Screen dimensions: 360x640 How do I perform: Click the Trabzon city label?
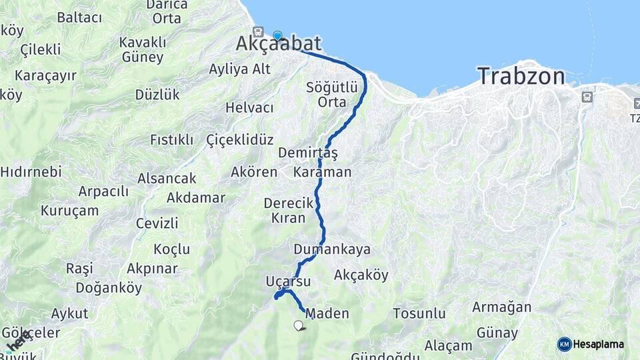(521, 76)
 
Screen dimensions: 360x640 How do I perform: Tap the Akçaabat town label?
(279, 44)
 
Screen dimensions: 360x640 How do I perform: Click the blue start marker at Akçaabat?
(277, 36)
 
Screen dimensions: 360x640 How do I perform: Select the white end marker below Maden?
(298, 325)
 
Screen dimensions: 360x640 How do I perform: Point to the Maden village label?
(327, 313)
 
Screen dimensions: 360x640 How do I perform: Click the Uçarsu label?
(288, 281)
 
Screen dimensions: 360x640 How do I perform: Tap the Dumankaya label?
(332, 249)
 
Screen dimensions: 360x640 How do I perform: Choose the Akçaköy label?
(361, 275)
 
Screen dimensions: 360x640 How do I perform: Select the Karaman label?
(322, 172)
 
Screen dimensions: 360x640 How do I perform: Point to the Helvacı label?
(249, 107)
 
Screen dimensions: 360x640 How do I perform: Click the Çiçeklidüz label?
(240, 139)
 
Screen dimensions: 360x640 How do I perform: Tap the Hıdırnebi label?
(31, 171)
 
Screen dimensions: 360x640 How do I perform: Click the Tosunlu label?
(419, 313)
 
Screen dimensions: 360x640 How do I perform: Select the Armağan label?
(501, 307)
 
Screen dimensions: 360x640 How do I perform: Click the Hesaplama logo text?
(599, 344)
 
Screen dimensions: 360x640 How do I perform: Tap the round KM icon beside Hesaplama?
(565, 344)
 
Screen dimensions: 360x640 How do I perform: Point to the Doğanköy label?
(109, 288)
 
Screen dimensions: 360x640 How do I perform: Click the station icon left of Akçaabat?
(258, 32)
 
